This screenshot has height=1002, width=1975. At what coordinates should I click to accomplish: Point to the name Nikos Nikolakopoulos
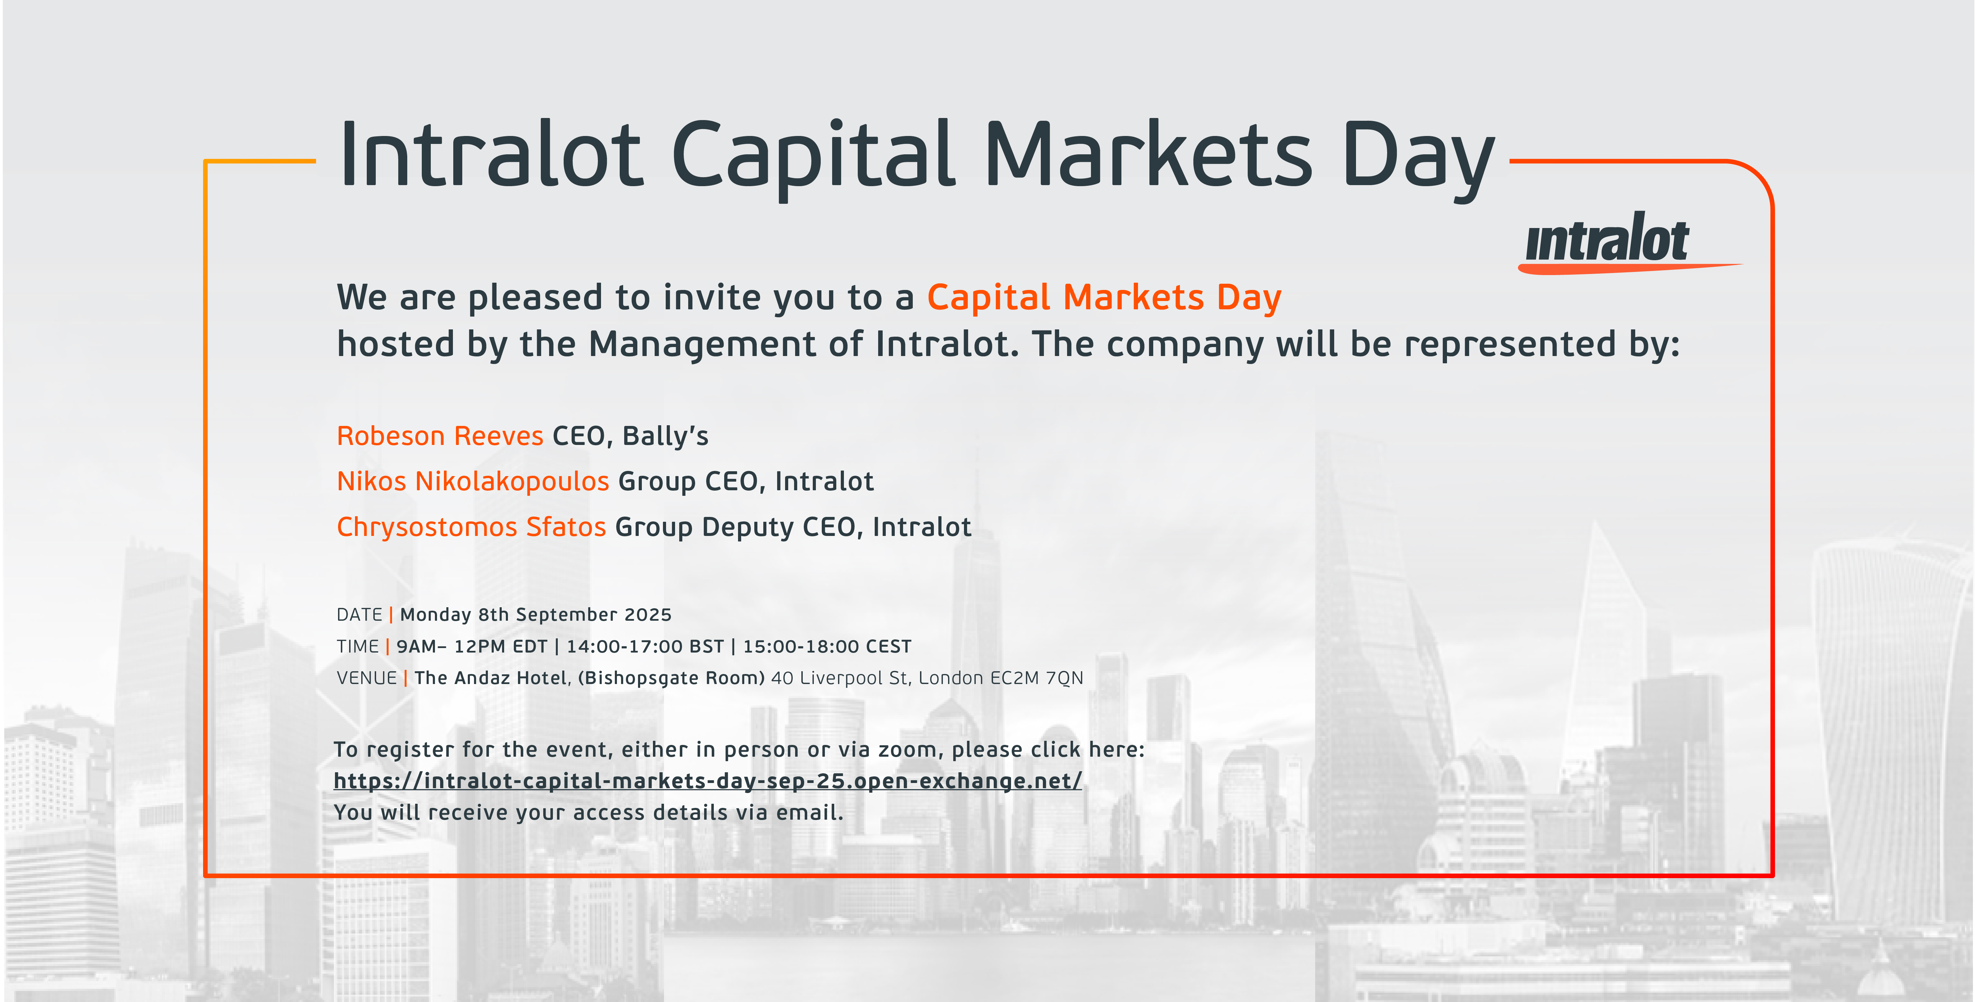(x=473, y=481)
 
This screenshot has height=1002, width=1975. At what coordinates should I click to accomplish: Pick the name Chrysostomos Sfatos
(x=472, y=527)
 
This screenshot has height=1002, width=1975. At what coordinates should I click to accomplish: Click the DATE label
(x=359, y=615)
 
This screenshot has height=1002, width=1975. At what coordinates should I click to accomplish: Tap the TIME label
(x=357, y=646)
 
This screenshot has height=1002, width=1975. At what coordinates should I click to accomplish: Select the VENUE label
(x=366, y=678)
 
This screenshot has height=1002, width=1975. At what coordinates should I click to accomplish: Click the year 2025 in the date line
(x=648, y=615)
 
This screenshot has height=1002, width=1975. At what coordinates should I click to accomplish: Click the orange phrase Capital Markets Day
(x=1104, y=298)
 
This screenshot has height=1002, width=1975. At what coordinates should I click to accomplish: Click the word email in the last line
(x=810, y=813)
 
